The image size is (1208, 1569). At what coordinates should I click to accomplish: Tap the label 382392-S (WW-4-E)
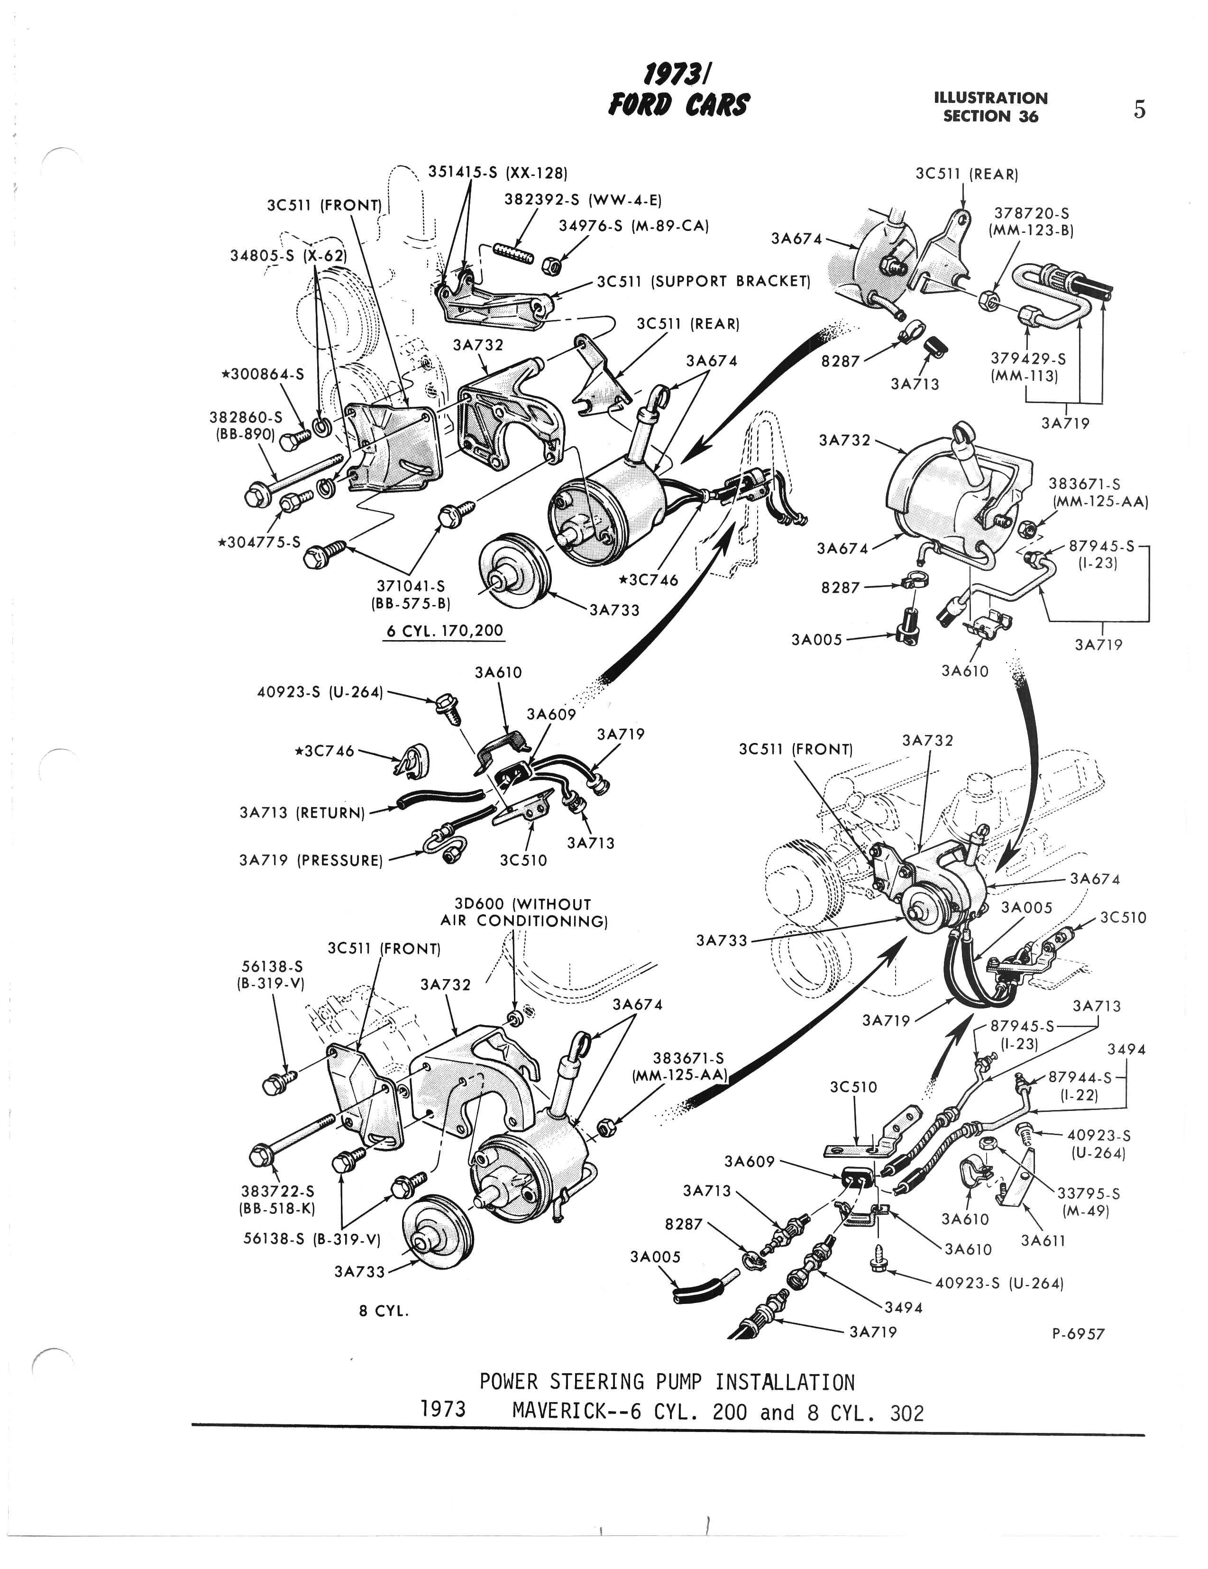[x=583, y=200]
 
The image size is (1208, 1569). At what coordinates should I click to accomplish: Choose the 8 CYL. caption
[x=384, y=1311]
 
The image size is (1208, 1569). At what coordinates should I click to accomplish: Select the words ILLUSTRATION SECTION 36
[x=990, y=107]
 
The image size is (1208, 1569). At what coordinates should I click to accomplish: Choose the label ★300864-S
[x=262, y=374]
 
